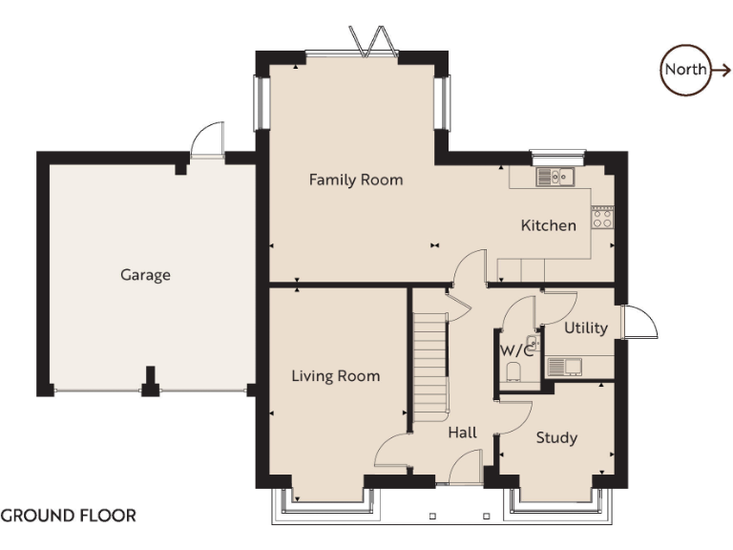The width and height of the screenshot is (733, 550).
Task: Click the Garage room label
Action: pos(145,275)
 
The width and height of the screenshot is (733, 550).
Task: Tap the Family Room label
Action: pos(355,180)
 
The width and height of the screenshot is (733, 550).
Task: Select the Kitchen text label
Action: pos(548,225)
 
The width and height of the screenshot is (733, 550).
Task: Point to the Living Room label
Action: pos(335,376)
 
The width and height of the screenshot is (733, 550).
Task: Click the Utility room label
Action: pos(585,328)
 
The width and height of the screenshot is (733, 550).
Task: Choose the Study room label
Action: pos(555,438)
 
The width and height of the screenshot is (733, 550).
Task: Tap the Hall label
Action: pos(463,434)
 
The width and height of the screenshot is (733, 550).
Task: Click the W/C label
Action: pos(514,349)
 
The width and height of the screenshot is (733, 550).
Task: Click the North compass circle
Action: pos(685,69)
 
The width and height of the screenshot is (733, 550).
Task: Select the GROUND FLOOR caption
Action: pos(69,517)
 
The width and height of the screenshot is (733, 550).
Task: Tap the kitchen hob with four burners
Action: pos(602,218)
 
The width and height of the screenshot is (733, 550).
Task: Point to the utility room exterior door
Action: pos(637,322)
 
